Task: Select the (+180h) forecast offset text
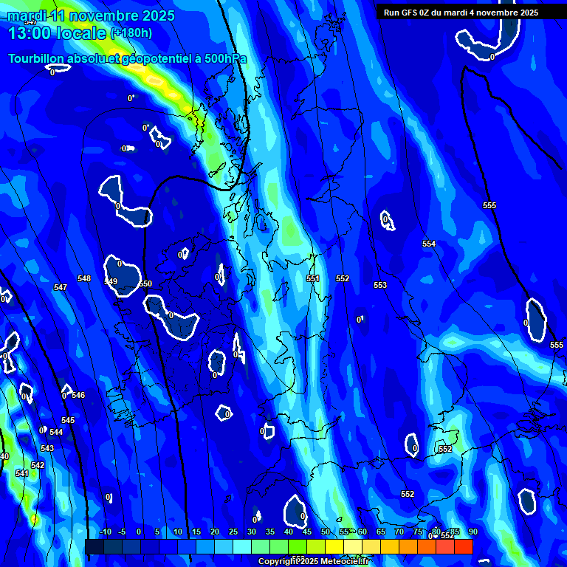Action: pos(131,33)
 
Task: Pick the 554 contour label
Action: pos(429,244)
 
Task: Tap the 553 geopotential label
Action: pos(380,285)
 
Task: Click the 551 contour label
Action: pos(313,278)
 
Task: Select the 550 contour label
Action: pos(145,283)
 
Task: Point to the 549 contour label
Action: pos(111,281)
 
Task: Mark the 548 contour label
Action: pos(84,278)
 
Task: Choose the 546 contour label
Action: pos(78,395)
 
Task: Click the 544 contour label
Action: pos(56,432)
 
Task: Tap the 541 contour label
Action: pos(21,473)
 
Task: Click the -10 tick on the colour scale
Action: pos(105,532)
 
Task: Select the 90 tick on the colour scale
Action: pos(472,532)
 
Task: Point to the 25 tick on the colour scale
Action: pos(233,532)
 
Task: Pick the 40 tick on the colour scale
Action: pos(289,532)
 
